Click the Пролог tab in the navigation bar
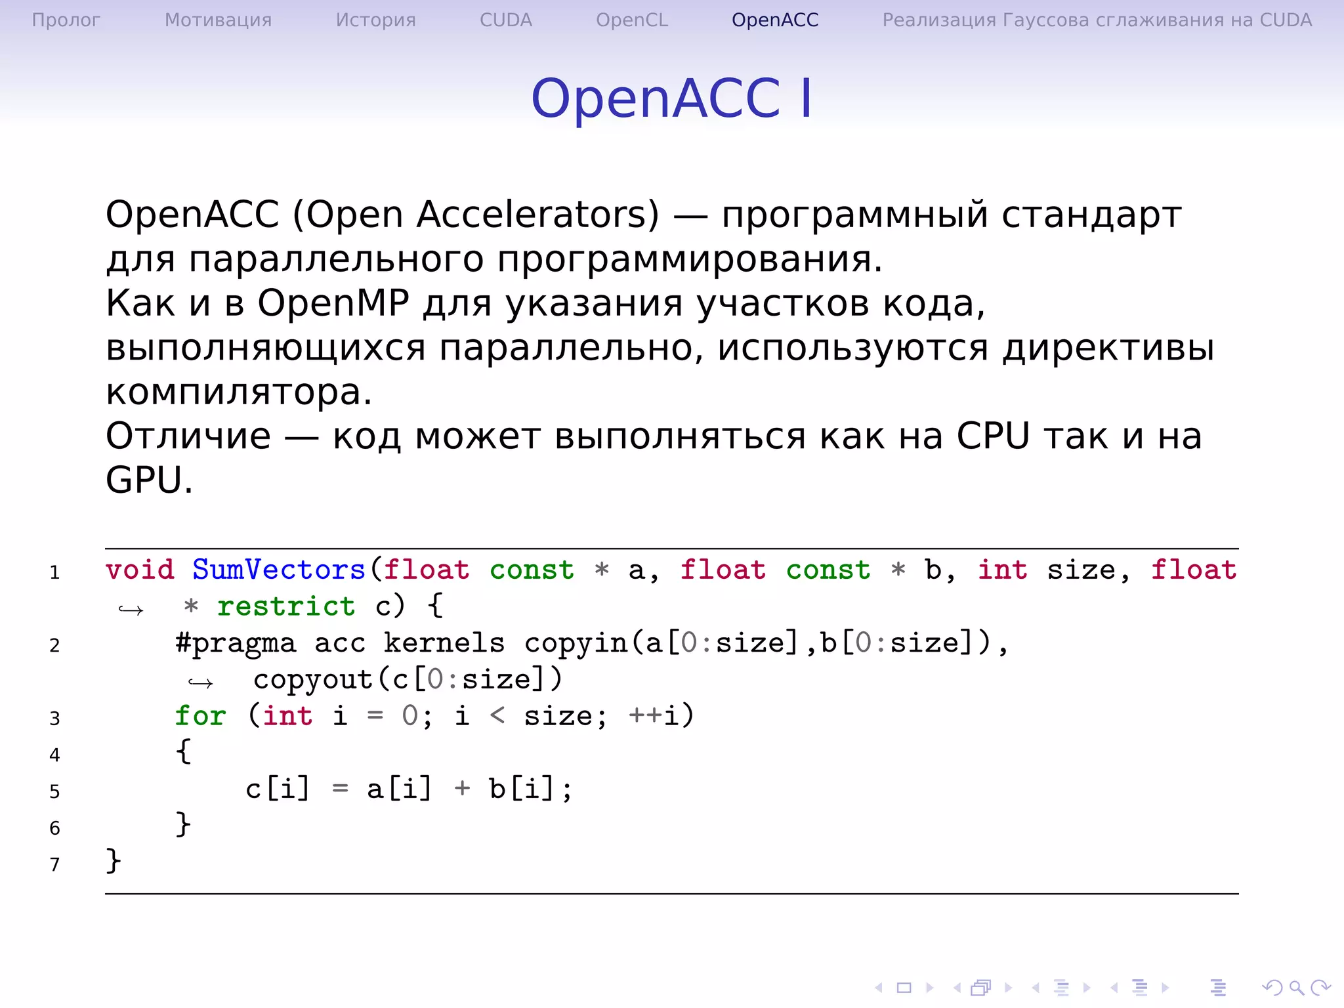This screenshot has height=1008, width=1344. pos(66,20)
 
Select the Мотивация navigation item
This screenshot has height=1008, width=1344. pos(218,20)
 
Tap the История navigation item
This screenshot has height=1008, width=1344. pos(375,20)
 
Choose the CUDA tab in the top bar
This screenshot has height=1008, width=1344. pos(505,20)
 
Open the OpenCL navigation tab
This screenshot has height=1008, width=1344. pos(631,20)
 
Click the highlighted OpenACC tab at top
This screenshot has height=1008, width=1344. pos(775,20)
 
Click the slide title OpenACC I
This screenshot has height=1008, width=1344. pos(671,98)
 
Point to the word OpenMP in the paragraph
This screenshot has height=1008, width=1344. pos(333,304)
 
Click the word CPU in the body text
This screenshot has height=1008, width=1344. pos(993,436)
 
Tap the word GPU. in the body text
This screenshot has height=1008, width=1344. pos(149,480)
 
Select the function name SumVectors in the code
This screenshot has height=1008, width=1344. pos(278,570)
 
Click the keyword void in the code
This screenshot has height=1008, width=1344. pos(140,570)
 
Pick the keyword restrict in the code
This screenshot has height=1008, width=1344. pos(286,606)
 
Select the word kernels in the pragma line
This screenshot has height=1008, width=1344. pos(444,643)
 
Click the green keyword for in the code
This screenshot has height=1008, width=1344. pos(200,716)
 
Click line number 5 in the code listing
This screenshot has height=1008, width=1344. pos(54,791)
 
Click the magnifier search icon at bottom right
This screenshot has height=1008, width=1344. pos(1295,988)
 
